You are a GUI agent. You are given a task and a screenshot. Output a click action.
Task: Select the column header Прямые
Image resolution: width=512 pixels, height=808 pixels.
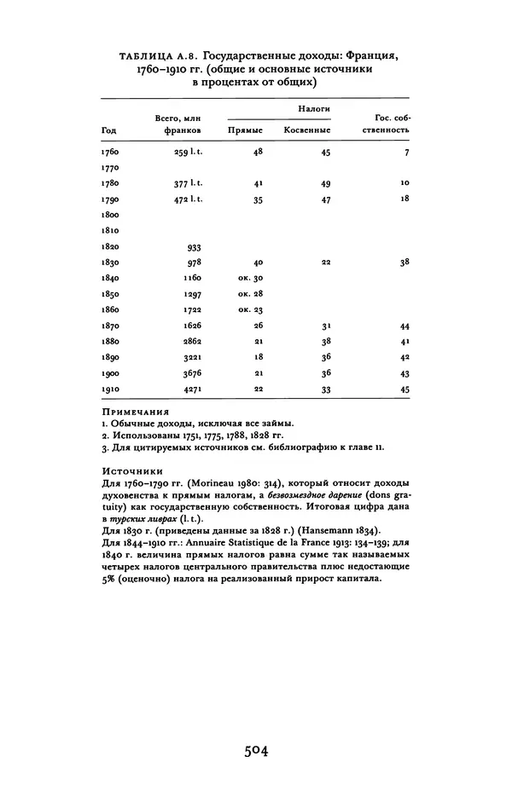click(246, 130)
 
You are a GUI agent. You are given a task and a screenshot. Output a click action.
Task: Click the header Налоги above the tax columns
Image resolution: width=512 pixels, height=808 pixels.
click(314, 110)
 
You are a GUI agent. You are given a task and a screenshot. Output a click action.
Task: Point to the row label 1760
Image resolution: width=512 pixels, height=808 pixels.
click(110, 153)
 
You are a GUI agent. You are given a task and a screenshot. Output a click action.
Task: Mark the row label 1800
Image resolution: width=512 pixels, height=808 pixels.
click(110, 216)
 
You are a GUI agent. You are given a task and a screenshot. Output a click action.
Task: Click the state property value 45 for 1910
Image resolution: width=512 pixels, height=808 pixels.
click(404, 390)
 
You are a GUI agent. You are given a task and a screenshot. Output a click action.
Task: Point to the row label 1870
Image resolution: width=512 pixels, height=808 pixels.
click(110, 326)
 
